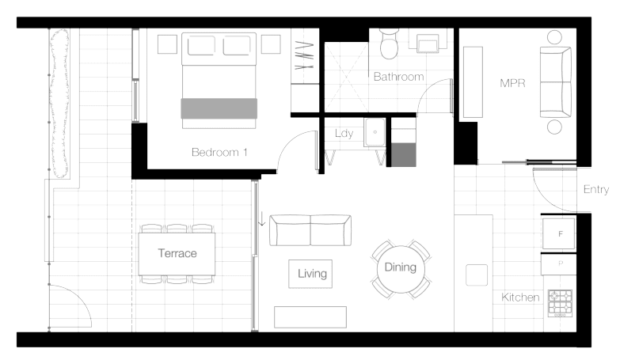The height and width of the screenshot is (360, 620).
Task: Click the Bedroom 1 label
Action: [x=219, y=152]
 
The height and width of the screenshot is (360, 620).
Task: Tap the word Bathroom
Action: [x=398, y=77]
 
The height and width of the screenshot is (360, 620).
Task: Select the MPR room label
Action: [x=512, y=83]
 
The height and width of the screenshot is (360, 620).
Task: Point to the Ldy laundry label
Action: [x=344, y=133]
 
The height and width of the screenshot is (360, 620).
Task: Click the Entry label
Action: [x=596, y=189]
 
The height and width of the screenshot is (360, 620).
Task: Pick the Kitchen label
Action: [x=520, y=297]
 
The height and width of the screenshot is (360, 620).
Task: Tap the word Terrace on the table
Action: [x=177, y=253]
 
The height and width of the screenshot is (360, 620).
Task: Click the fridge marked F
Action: [x=559, y=234]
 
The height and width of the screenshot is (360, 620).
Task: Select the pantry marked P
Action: [x=559, y=264]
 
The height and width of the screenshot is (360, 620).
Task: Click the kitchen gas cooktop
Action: [x=561, y=303]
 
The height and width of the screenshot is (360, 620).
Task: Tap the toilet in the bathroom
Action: [x=389, y=44]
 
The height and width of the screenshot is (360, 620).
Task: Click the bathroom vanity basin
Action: [x=428, y=43]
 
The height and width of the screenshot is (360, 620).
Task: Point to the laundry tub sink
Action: [x=375, y=132]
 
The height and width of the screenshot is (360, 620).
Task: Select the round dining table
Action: [x=401, y=269]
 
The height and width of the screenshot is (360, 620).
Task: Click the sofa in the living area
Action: [x=310, y=230]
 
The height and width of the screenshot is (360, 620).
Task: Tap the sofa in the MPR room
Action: [x=556, y=82]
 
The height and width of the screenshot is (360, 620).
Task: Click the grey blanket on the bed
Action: [x=219, y=108]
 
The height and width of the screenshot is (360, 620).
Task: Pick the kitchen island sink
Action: [x=477, y=275]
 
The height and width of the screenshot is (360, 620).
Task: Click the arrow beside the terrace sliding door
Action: [x=261, y=219]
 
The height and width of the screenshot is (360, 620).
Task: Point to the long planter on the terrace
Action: [x=59, y=104]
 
